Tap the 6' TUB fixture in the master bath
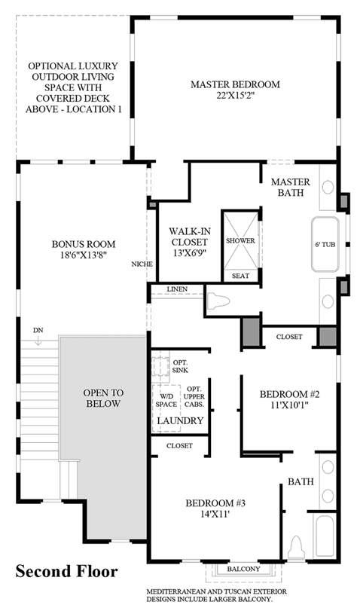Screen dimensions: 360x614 (x=325, y=244)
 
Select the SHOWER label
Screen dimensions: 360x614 (x=240, y=240)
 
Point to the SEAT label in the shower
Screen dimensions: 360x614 (x=240, y=276)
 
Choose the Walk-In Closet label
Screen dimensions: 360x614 (x=189, y=237)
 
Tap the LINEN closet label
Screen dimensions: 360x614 (x=177, y=289)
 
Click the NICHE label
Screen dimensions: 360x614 (x=142, y=264)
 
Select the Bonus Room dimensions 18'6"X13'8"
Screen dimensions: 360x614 (x=84, y=255)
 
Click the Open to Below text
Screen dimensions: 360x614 (x=103, y=398)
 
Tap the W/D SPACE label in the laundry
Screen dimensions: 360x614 (x=166, y=401)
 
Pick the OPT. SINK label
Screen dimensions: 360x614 (x=181, y=367)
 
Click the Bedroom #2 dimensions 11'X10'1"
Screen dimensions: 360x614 (x=289, y=405)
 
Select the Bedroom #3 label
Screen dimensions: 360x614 (x=215, y=503)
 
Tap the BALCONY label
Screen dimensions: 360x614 (x=243, y=569)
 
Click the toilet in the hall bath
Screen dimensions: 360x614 (x=297, y=548)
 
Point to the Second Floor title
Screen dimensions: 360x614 (x=66, y=571)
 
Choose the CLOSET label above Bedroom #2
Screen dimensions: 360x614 (x=289, y=337)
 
